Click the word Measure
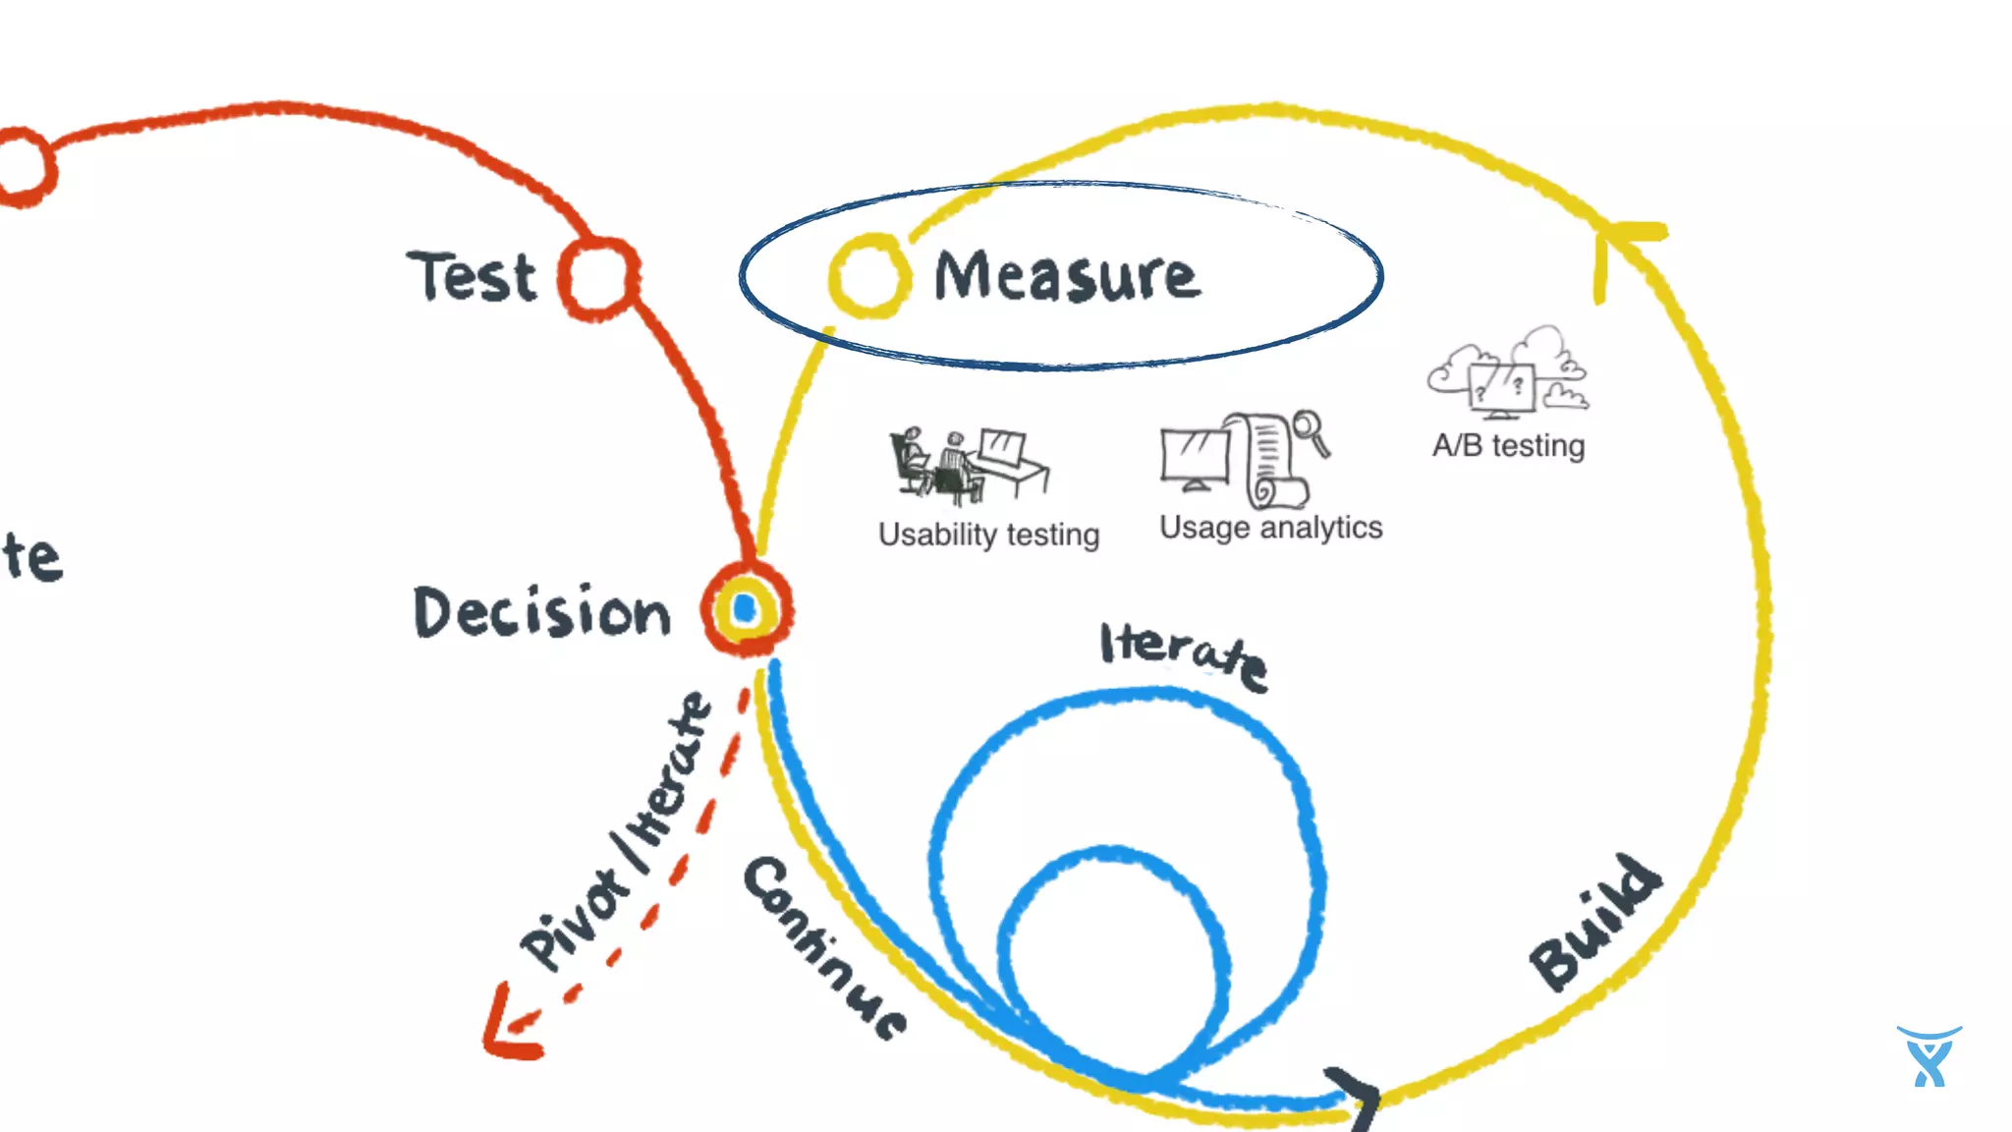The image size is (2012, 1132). [x=1066, y=276]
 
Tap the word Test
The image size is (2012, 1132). [x=473, y=276]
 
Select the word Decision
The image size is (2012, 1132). [x=541, y=612]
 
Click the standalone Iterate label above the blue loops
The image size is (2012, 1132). [x=1183, y=654]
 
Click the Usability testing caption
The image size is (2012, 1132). [x=988, y=535]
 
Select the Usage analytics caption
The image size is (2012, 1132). [x=1270, y=528]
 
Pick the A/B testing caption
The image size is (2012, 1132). [x=1508, y=446]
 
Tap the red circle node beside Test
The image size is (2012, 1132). [x=598, y=278]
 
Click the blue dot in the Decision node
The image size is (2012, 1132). [x=745, y=609]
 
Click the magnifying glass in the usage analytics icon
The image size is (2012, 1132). [x=1311, y=430]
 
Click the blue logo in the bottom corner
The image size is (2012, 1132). [x=1928, y=1056]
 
